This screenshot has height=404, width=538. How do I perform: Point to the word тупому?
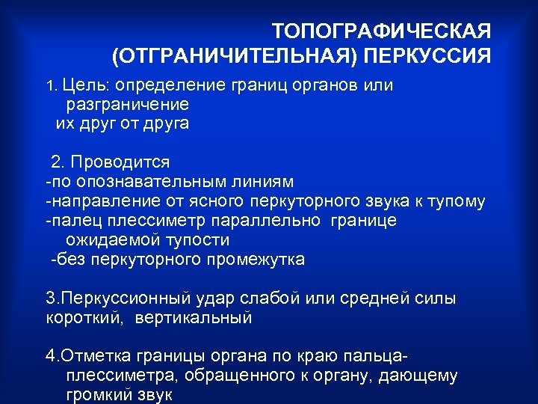pos(459,201)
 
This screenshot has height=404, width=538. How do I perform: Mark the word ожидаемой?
pos(105,240)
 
